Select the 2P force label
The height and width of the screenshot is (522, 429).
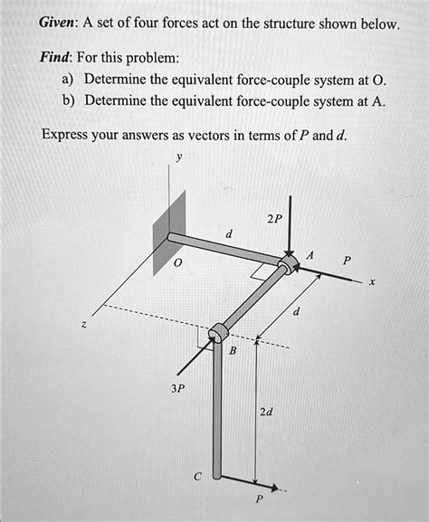274,220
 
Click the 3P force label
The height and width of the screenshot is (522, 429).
177,388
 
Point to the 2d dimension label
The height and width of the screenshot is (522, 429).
267,412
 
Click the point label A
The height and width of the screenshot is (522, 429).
310,256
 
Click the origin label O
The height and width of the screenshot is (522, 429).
178,262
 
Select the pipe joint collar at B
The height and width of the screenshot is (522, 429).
217,335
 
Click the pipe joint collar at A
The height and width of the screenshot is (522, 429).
288,263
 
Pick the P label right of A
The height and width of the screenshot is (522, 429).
347,260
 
